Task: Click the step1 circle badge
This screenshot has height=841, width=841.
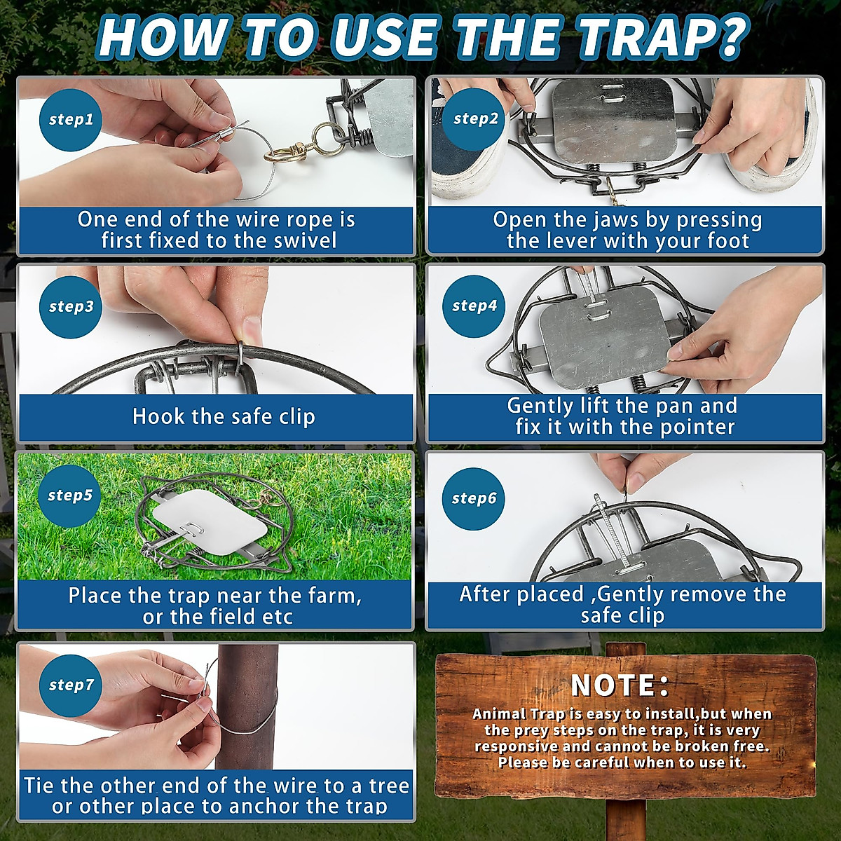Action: click(x=71, y=120)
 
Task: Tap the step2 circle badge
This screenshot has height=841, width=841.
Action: click(x=475, y=118)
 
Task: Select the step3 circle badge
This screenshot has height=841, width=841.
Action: click(x=71, y=306)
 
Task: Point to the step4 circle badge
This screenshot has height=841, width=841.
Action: click(x=474, y=306)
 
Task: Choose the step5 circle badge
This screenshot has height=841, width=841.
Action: click(x=70, y=495)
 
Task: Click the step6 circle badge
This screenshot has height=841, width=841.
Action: click(x=474, y=498)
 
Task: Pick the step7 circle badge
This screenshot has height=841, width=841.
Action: click(x=71, y=685)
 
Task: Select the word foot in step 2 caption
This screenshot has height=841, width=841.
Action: click(x=725, y=240)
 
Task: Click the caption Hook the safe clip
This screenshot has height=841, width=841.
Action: click(x=224, y=417)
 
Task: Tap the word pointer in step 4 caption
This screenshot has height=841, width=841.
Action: click(x=697, y=428)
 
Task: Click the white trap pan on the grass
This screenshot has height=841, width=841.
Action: click(x=210, y=521)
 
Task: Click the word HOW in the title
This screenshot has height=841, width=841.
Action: click(x=161, y=38)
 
